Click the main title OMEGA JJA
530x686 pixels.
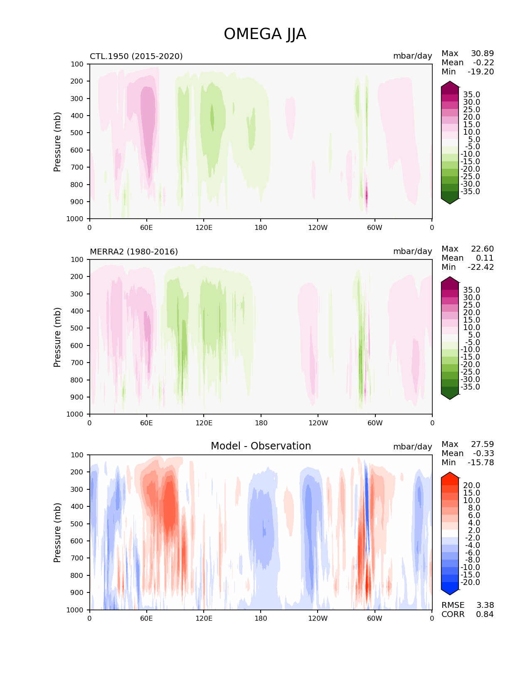(265, 34)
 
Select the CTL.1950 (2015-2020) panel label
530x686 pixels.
(136, 56)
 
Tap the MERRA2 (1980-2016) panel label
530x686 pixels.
(134, 252)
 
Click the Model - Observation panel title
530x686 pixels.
(261, 446)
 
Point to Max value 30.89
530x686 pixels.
(482, 53)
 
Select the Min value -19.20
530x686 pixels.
(481, 72)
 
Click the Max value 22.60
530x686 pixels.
(482, 249)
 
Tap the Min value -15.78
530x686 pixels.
(481, 462)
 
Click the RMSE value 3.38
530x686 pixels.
(485, 605)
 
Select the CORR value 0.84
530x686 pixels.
(485, 614)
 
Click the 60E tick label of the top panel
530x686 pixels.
(146, 227)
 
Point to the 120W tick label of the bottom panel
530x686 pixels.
(318, 618)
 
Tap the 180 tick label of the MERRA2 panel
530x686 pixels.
(261, 423)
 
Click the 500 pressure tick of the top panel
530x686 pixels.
(77, 133)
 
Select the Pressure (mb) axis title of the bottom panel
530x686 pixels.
(57, 532)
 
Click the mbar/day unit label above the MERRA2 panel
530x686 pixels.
(412, 252)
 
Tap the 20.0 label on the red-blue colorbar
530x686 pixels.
(471, 486)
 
